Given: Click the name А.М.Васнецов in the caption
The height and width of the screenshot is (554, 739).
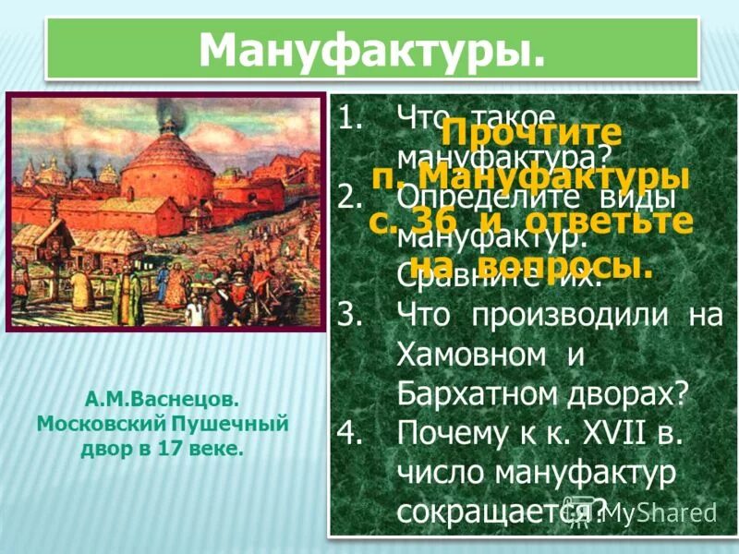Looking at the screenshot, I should [x=163, y=402].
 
